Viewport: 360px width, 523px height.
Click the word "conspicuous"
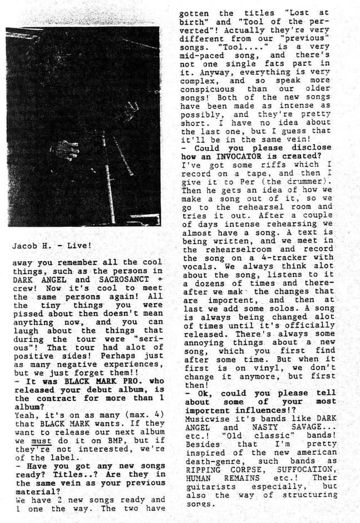click(210, 89)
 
